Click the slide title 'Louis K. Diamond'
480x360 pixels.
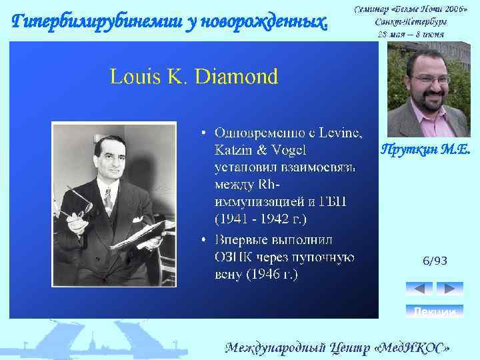tap(194, 77)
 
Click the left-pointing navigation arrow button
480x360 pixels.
tap(419, 288)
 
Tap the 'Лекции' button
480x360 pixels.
tap(434, 311)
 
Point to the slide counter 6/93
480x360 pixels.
tap(434, 261)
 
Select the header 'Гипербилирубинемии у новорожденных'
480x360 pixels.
tap(171, 22)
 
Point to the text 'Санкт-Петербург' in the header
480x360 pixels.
tap(411, 21)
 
